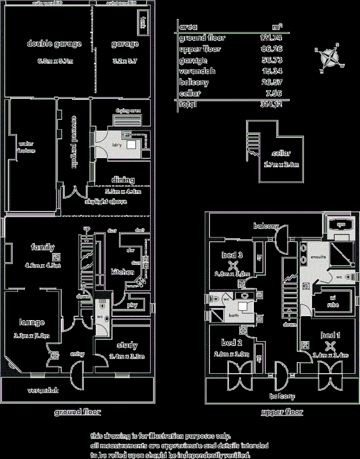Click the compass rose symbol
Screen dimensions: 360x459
[x=330, y=57]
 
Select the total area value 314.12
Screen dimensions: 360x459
[x=272, y=104]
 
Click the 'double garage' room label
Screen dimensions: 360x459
[x=54, y=44]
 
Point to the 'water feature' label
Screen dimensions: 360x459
[x=27, y=147]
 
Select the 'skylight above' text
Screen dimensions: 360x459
[x=106, y=201]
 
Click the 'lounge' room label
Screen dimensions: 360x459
[x=32, y=322]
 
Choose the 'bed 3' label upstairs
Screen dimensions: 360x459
[x=233, y=255]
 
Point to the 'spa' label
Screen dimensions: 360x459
[x=341, y=225]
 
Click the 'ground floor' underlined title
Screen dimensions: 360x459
[x=77, y=412]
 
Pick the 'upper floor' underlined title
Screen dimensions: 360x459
[x=282, y=412]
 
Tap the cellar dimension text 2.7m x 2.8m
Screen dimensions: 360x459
[x=281, y=164]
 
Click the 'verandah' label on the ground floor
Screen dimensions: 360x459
[x=43, y=390]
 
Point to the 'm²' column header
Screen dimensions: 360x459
[x=277, y=26]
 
